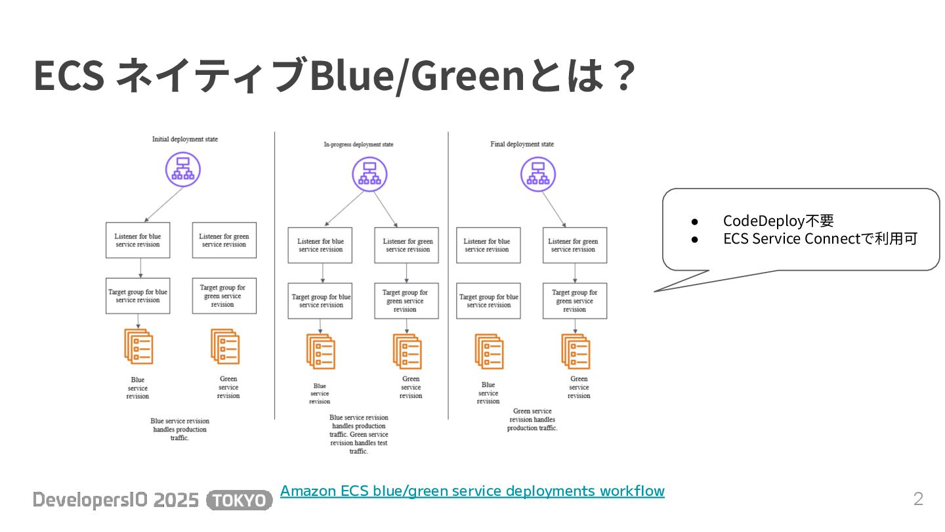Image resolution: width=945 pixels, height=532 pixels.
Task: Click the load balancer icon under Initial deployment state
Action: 182,169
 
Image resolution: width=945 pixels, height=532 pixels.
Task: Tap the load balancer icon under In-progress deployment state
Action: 369,174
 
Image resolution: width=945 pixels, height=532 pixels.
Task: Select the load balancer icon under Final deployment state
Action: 538,174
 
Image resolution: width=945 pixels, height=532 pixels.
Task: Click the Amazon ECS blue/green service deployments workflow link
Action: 472,491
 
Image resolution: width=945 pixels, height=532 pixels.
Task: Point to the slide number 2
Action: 918,499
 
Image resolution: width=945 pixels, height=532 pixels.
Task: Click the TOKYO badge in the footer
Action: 240,500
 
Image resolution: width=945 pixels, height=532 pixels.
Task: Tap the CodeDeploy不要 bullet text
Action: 778,221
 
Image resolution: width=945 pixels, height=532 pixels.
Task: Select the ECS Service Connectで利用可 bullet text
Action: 820,238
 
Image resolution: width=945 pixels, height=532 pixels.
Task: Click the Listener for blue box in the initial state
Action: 138,240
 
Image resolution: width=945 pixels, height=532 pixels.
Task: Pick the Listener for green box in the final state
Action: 574,245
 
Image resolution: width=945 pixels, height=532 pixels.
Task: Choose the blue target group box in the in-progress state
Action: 321,301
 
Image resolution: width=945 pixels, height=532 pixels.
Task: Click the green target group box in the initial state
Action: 224,296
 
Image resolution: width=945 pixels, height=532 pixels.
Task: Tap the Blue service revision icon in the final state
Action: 489,351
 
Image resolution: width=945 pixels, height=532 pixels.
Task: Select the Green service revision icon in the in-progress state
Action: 407,351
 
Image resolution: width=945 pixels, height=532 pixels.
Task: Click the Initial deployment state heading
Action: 185,139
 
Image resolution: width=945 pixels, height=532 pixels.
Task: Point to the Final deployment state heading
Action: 522,144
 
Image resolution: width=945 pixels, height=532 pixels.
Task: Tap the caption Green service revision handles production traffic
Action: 532,420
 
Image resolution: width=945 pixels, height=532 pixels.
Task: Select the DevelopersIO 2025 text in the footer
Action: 115,500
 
